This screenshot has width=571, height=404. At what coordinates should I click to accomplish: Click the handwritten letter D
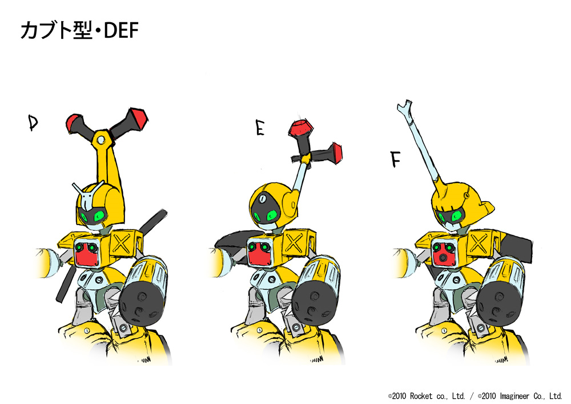33,122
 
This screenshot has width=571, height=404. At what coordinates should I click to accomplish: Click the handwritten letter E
260,129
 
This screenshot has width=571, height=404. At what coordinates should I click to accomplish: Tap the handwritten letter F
396,159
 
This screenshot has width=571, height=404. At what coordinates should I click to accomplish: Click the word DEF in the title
121,31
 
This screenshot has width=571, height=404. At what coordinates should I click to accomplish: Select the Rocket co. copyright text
427,395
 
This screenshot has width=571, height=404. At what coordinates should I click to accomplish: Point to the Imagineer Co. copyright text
520,395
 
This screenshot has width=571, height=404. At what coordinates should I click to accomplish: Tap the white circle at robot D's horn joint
102,139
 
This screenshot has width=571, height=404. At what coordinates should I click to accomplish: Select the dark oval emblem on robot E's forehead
262,199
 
